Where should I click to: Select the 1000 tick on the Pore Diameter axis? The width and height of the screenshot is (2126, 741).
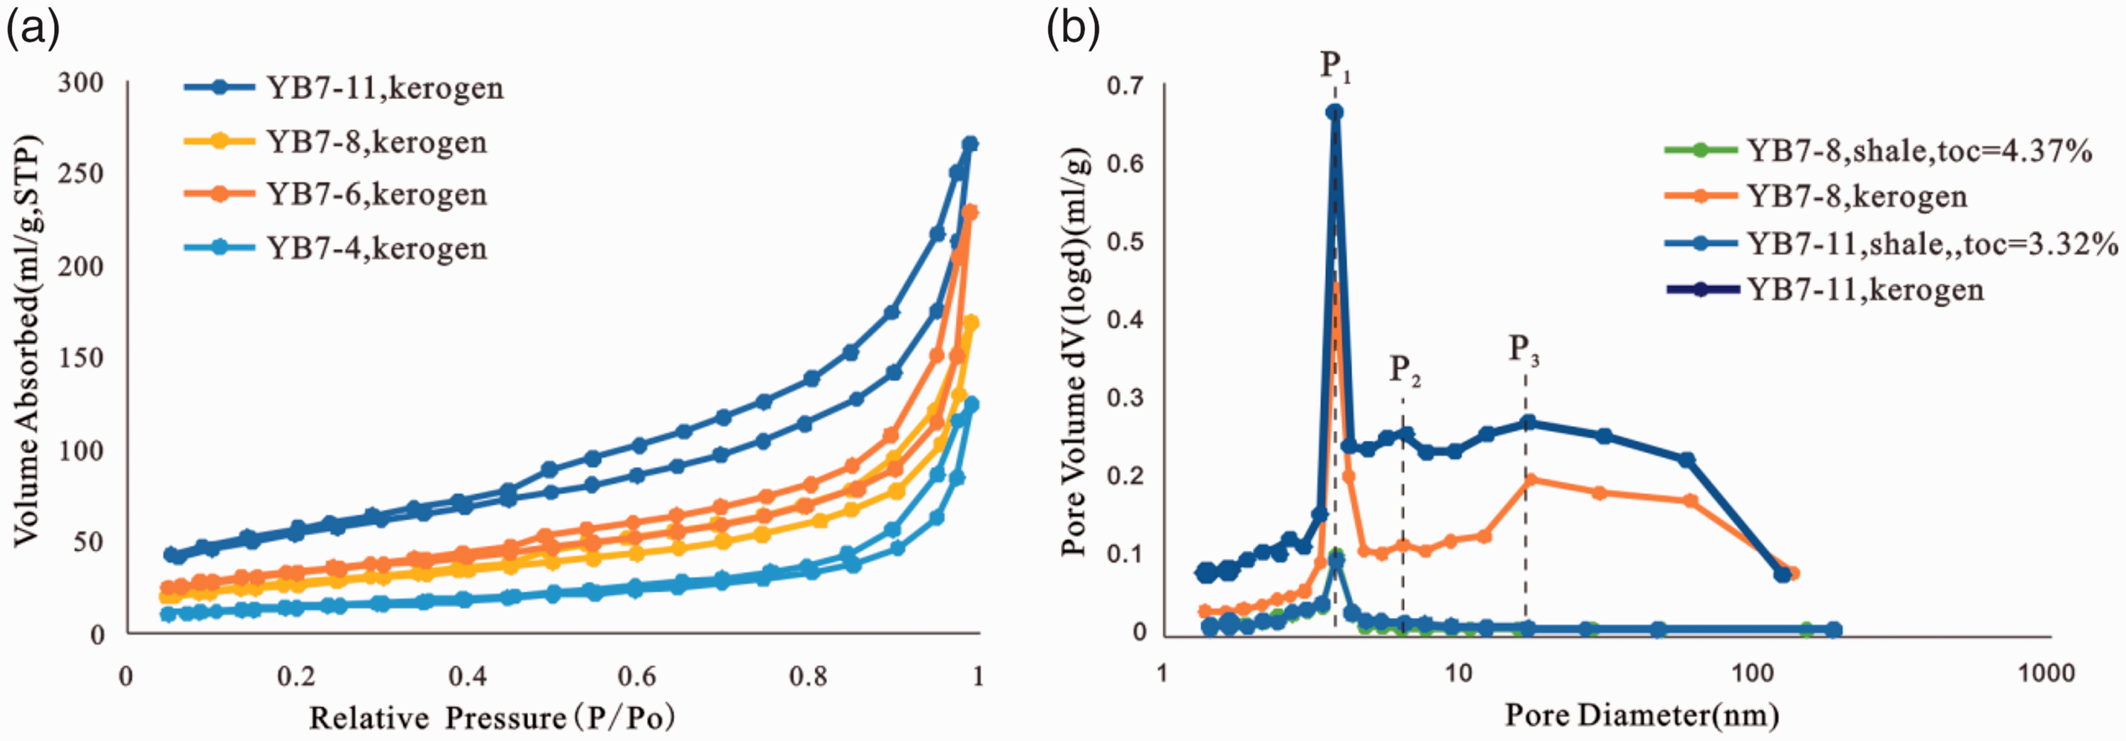(2046, 672)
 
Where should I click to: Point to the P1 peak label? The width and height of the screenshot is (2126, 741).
(1335, 66)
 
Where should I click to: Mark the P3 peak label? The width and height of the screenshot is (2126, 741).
(1524, 350)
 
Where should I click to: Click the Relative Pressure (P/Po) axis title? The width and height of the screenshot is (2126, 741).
(492, 717)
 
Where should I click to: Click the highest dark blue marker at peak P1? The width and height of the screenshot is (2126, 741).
(1334, 111)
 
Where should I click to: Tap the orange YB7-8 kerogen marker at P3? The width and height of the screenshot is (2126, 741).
(1530, 480)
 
